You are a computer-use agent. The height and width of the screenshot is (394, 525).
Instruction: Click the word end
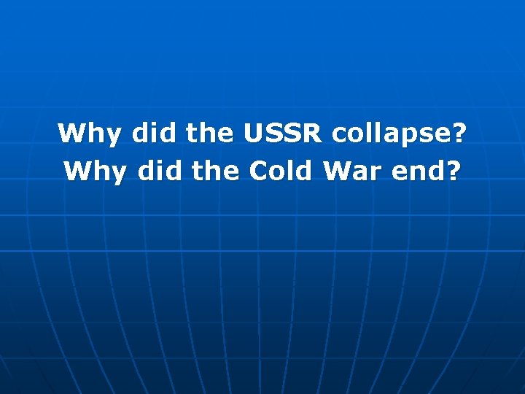pyautogui.click(x=417, y=171)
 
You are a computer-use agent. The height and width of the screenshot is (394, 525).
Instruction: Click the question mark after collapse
pyautogui.click(x=459, y=134)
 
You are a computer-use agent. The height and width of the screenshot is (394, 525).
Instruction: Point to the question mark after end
pyautogui.click(x=454, y=171)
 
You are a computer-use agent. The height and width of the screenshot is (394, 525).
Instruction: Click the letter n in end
pyautogui.click(x=417, y=173)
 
